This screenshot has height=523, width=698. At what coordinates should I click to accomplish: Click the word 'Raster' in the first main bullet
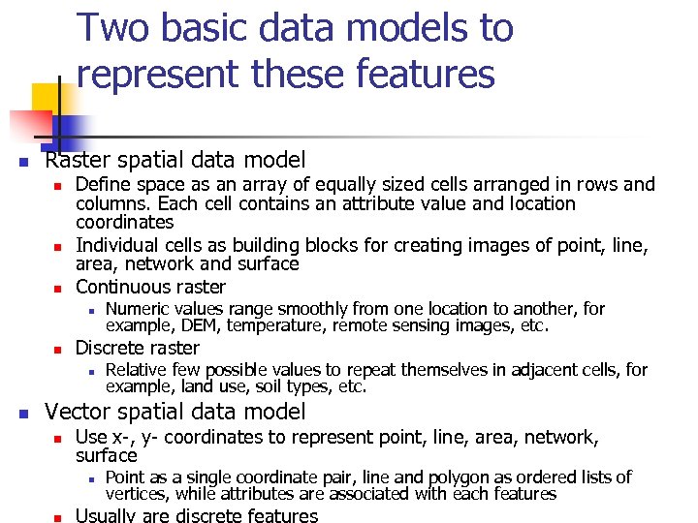[79, 160]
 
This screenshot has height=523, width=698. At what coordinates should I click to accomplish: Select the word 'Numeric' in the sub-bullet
[137, 309]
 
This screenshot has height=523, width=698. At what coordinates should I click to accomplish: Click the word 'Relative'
[136, 370]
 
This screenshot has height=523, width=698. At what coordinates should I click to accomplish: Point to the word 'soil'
[273, 387]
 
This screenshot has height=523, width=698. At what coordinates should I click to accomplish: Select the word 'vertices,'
[138, 494]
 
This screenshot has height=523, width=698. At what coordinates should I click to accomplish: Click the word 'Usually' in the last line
[106, 515]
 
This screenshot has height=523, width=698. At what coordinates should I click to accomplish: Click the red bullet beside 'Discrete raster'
[58, 349]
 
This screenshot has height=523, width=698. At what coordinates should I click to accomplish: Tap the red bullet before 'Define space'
[58, 185]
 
